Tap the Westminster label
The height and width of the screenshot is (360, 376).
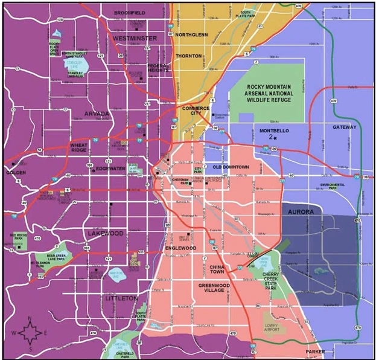pyautogui.click(x=135, y=39)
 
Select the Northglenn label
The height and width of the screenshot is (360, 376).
pyautogui.click(x=193, y=35)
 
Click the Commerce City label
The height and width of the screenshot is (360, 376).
pyautogui.click(x=196, y=111)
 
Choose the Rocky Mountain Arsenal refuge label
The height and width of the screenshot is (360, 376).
pyautogui.click(x=269, y=94)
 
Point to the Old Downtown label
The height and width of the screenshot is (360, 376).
pyautogui.click(x=230, y=167)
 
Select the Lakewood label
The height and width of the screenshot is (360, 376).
pyautogui.click(x=106, y=233)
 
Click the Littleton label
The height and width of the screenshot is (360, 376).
pyautogui.click(x=121, y=298)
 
